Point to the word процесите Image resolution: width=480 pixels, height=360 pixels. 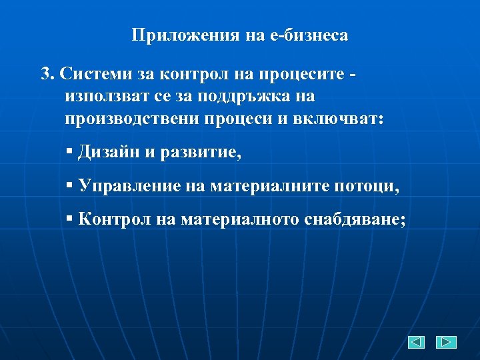coord(306,73)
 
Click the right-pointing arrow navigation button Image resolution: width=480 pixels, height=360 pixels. coord(446,342)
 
